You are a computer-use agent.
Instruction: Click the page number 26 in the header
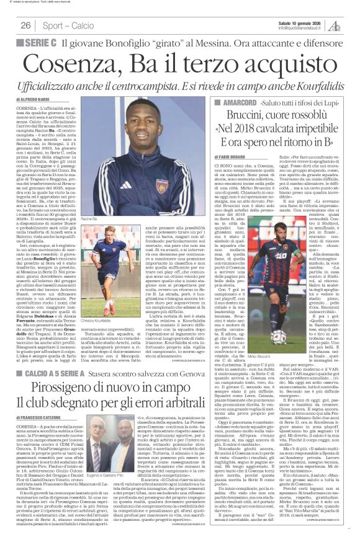(25, 25)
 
